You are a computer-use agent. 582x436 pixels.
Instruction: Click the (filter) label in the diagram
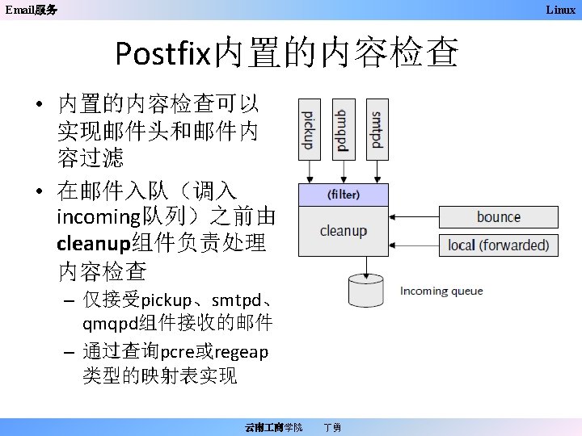[x=344, y=195]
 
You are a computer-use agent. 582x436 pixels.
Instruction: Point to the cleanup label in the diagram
[x=344, y=231]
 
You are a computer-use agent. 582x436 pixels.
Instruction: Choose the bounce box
[x=499, y=217]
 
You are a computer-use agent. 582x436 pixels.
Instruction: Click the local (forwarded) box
[x=499, y=244]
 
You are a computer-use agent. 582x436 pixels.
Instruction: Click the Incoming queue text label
[x=441, y=291]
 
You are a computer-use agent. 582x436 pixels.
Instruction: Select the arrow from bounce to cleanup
[x=414, y=217]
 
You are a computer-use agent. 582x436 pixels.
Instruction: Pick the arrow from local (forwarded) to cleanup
[x=414, y=244]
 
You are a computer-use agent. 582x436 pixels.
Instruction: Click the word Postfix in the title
[x=162, y=53]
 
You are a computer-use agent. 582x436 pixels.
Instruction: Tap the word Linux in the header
[x=560, y=10]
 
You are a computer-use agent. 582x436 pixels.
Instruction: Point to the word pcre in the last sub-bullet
[x=176, y=353]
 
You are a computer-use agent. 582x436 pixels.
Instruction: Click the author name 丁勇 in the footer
[x=331, y=426]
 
